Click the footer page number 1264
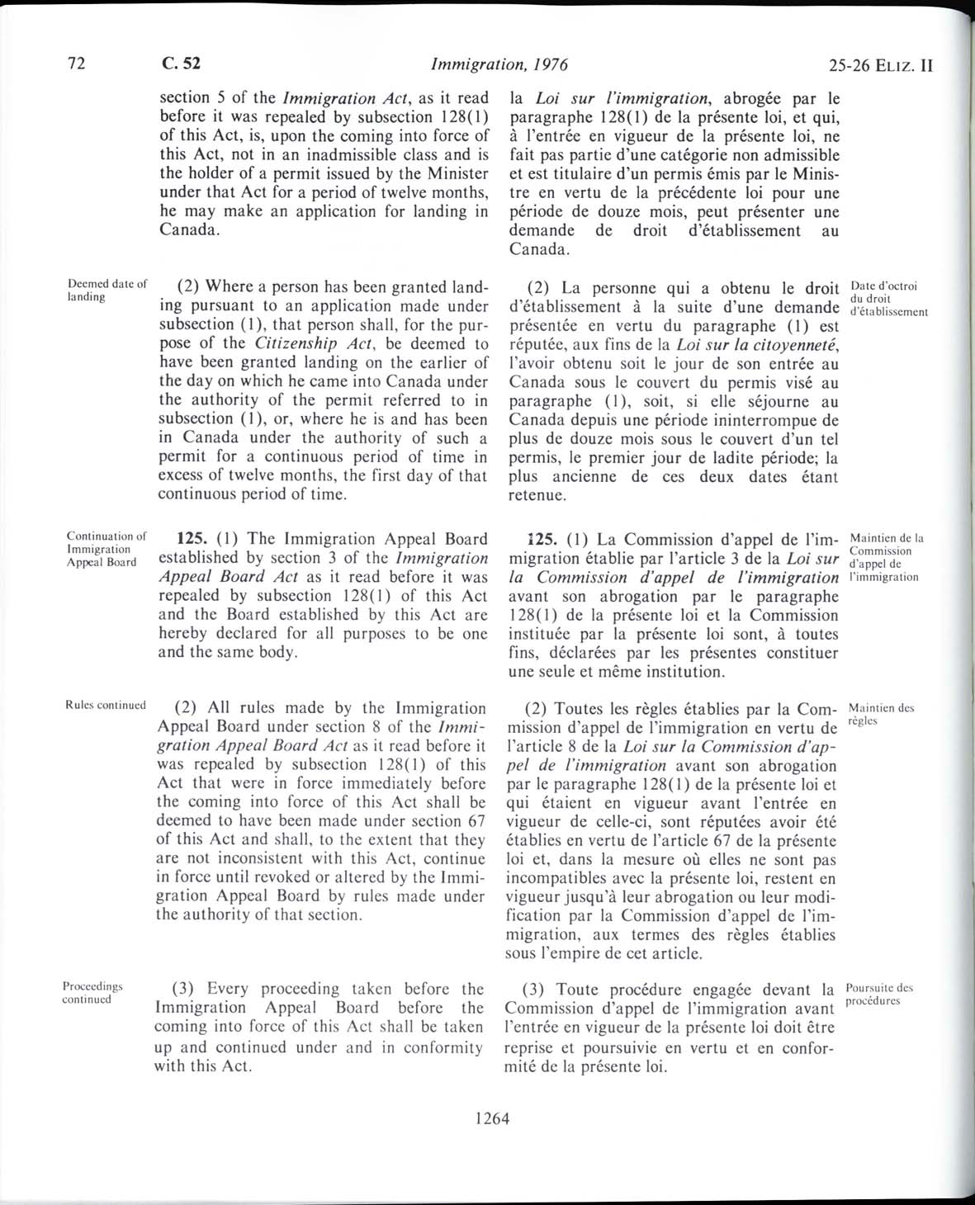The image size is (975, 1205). (x=493, y=1119)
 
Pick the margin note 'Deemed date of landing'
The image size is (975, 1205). (x=106, y=291)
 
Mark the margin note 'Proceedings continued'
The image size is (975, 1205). (x=93, y=992)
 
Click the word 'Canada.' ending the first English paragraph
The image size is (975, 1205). (x=189, y=229)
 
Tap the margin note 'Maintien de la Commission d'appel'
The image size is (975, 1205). (x=884, y=557)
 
